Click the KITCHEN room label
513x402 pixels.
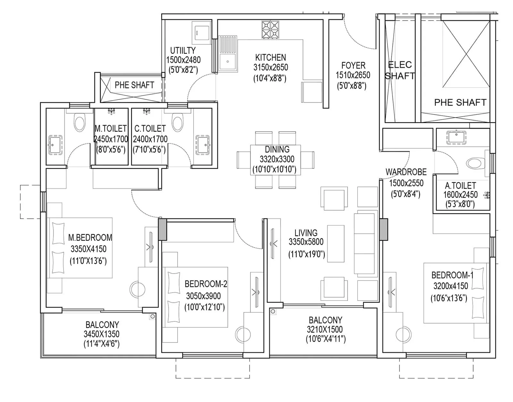271,58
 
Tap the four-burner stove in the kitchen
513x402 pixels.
270,29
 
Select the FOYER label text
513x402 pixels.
353,65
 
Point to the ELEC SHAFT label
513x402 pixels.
400,70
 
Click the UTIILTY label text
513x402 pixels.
183,51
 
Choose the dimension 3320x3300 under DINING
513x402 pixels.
277,160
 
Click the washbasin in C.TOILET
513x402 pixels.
203,145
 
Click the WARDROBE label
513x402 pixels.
406,172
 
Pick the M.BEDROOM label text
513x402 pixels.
90,237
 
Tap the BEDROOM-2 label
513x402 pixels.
206,284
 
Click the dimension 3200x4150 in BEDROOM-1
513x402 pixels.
451,286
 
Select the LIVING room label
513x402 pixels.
306,233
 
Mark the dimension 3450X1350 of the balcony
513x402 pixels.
102,334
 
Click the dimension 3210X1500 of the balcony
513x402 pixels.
324,329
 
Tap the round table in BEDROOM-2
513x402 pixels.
243,334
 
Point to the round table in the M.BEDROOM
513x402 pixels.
138,289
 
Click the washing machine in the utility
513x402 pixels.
201,32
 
